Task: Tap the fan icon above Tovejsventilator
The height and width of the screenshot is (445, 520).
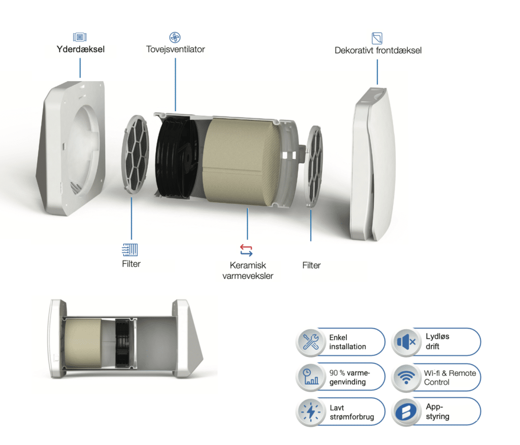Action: (x=175, y=37)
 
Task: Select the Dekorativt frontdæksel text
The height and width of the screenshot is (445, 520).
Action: (x=378, y=50)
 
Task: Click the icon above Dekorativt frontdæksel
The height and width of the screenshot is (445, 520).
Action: (x=377, y=38)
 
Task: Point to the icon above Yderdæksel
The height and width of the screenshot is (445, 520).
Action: (x=80, y=37)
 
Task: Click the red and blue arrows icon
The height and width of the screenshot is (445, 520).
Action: (x=246, y=250)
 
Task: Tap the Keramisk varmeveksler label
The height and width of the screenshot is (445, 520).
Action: (x=247, y=270)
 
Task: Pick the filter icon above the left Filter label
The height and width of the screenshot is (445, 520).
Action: (x=131, y=249)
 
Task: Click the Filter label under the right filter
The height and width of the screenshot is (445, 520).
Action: (x=311, y=265)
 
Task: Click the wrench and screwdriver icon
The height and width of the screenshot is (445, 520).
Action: (x=310, y=342)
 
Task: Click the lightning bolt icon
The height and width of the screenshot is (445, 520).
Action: (x=310, y=411)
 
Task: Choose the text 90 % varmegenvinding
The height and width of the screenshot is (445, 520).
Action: (x=350, y=377)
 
